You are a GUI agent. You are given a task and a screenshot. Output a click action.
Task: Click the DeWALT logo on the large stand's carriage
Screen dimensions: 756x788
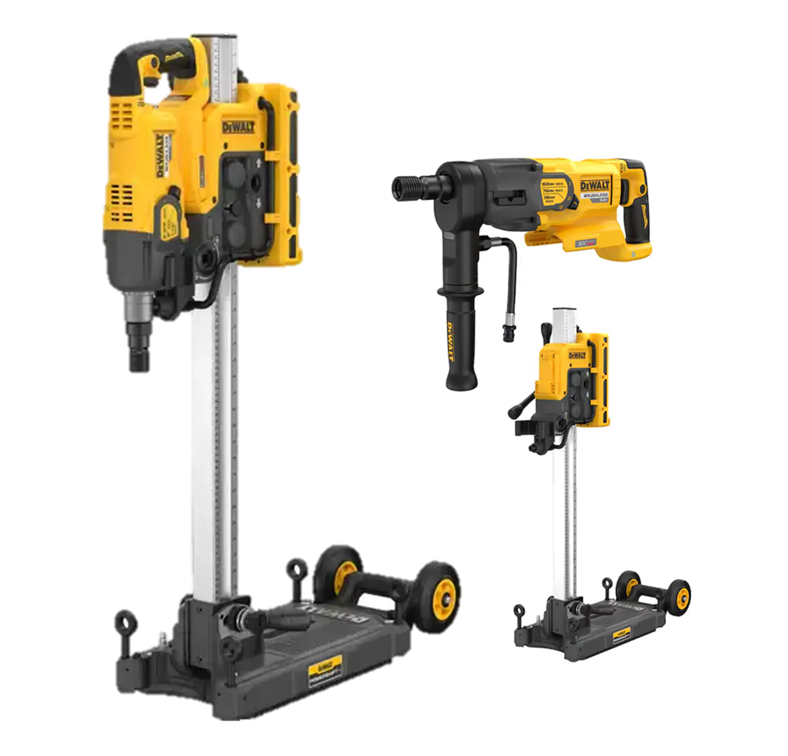point(239,128)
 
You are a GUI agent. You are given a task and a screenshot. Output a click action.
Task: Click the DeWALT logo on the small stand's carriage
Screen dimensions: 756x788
point(577,356)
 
